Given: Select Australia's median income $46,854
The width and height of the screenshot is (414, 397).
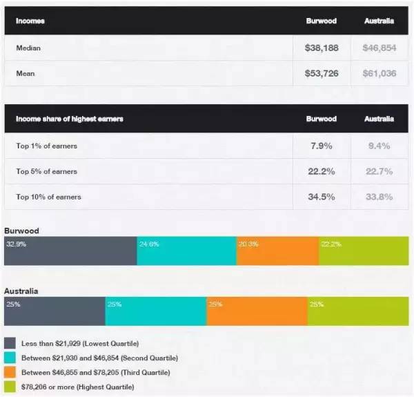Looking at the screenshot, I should click(x=379, y=48).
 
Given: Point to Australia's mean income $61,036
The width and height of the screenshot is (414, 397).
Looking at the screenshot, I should click(x=379, y=73).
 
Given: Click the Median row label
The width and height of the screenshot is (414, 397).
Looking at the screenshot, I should click(x=28, y=48).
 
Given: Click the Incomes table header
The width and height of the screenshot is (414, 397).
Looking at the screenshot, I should click(x=30, y=21).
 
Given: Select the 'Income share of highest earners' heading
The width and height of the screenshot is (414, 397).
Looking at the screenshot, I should click(x=70, y=119).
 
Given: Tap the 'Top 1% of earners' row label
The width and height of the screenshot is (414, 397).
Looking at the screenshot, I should click(x=47, y=146).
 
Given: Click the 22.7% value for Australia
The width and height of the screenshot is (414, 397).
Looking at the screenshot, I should click(x=379, y=171).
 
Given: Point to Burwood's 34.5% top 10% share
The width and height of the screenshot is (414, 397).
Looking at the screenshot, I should click(x=321, y=197).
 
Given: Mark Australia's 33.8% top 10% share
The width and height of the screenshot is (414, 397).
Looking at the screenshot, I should click(x=379, y=197).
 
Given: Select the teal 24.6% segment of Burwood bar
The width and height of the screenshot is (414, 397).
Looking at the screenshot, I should click(x=186, y=251).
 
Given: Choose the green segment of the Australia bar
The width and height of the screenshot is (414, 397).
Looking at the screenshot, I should click(x=357, y=311).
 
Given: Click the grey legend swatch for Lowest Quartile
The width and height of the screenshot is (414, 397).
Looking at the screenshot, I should click(x=10, y=343).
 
